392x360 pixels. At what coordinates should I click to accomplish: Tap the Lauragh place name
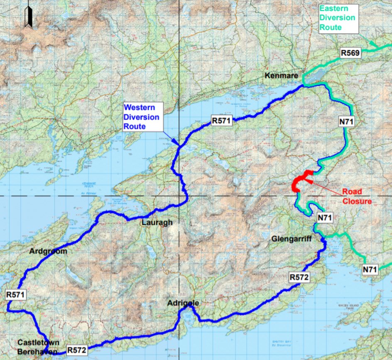pyautogui.click(x=157, y=223)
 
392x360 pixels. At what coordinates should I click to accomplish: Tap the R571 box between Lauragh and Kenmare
pyautogui.click(x=222, y=121)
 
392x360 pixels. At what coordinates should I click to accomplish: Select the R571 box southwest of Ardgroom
pyautogui.click(x=16, y=295)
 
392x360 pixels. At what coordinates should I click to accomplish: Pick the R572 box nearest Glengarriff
pyautogui.click(x=299, y=277)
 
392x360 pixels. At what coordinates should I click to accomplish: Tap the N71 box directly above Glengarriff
pyautogui.click(x=325, y=218)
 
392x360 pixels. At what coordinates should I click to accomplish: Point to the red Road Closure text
pyautogui.click(x=356, y=197)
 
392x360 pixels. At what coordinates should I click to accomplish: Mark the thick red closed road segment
pyautogui.click(x=300, y=181)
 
